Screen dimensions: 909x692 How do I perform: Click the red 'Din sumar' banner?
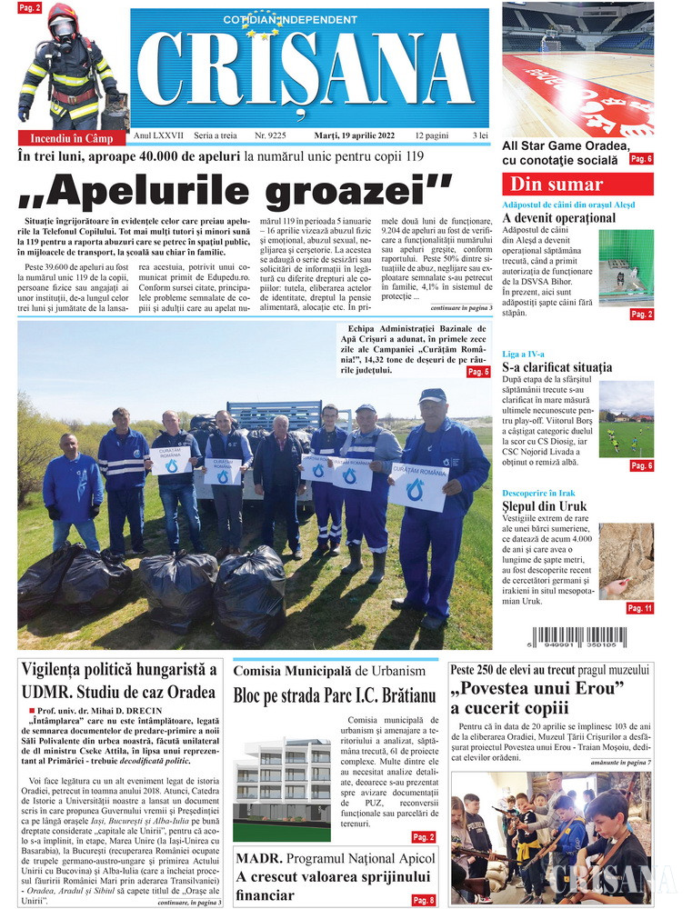pyautogui.click(x=577, y=184)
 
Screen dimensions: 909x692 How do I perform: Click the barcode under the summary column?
pyautogui.click(x=577, y=640)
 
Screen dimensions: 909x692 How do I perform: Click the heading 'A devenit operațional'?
pyautogui.click(x=558, y=218)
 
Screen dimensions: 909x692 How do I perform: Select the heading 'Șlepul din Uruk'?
pyautogui.click(x=545, y=506)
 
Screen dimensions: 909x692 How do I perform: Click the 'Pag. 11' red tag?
pyautogui.click(x=639, y=608)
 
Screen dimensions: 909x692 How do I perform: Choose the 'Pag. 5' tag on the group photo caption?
pyautogui.click(x=478, y=372)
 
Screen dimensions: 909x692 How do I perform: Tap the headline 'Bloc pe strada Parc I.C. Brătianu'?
pyautogui.click(x=336, y=697)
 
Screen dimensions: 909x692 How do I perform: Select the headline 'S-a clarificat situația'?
pyautogui.click(x=557, y=368)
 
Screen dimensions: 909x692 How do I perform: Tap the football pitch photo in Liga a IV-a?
pyautogui.click(x=626, y=420)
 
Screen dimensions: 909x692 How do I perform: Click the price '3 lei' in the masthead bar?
pyautogui.click(x=480, y=135)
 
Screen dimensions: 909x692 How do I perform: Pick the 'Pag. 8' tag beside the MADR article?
pyautogui.click(x=424, y=900)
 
